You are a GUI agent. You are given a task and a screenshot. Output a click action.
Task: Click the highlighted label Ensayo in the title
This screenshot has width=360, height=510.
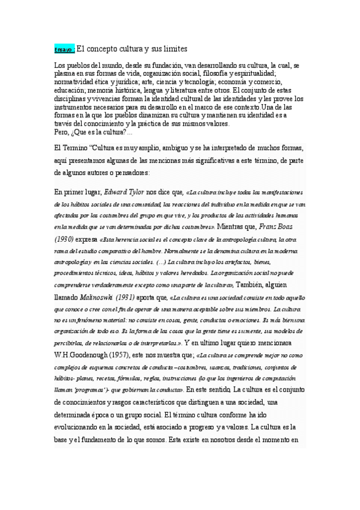(x=64, y=49)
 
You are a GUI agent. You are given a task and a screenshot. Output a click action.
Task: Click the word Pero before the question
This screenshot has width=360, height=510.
(x=61, y=131)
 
